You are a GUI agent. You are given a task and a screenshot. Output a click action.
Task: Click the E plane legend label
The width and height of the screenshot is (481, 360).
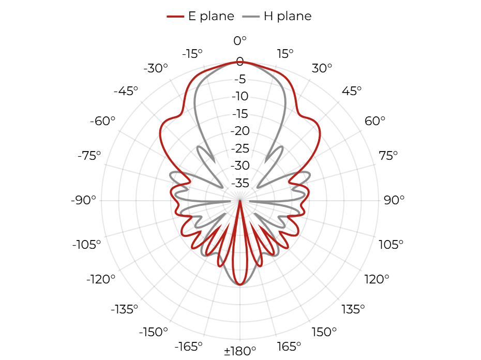coord(211,16)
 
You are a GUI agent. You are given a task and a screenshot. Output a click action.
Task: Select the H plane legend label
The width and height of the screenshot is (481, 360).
coord(288,16)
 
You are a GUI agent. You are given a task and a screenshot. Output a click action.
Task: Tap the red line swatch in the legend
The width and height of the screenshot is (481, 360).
coord(175,16)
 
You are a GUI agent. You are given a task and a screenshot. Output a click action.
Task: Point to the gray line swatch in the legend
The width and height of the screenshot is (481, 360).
coord(251,16)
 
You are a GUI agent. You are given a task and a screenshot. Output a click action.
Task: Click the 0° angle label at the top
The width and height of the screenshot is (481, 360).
coord(240,40)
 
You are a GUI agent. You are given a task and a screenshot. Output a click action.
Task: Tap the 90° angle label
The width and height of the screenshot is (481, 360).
coord(394,200)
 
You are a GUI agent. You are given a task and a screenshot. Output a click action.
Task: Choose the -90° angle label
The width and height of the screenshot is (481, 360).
coord(83,200)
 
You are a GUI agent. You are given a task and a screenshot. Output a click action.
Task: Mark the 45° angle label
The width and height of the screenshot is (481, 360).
coord(352,91)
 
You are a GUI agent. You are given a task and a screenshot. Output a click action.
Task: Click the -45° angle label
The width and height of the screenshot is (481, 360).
coord(126,91)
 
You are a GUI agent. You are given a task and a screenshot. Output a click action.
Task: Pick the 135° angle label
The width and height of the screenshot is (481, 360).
coord(353,309)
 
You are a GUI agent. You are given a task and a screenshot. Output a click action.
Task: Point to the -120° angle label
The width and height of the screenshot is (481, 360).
coord(101,279)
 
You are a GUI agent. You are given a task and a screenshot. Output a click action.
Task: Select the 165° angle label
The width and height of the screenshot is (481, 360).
coord(289,347)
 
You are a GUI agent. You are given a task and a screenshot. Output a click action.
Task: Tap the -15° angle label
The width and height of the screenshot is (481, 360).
coord(192,54)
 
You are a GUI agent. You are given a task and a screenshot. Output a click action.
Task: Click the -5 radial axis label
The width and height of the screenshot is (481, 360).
coord(240,79)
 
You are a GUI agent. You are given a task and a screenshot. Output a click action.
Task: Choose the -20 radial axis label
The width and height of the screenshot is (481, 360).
coord(240,131)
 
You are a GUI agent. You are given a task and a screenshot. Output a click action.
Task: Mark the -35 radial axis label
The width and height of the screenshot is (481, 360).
coord(240,183)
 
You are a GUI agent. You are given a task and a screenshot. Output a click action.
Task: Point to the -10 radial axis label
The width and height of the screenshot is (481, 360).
coord(240,96)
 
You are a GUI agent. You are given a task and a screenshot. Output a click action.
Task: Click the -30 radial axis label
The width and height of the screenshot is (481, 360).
coord(240,166)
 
